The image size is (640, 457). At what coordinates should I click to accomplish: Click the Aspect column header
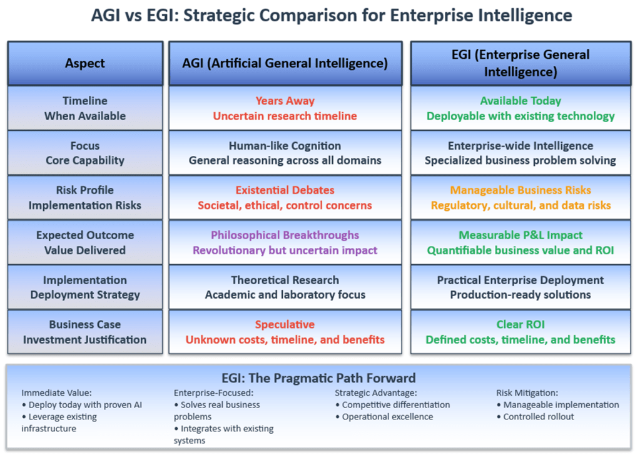(85, 63)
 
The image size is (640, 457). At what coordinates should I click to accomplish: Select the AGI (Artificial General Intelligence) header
(285, 63)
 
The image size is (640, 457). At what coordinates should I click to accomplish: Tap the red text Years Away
(285, 101)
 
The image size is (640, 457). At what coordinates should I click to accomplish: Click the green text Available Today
(521, 101)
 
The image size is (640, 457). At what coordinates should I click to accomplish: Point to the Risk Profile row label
(85, 190)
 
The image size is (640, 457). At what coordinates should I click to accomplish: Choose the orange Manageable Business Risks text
(521, 190)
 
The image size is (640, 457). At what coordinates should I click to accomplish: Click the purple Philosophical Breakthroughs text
(285, 235)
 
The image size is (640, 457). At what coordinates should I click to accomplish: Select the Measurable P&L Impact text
(521, 235)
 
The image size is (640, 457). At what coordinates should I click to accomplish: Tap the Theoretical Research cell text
(285, 280)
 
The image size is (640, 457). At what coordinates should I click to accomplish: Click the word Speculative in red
(285, 325)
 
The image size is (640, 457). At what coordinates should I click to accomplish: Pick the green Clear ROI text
(521, 325)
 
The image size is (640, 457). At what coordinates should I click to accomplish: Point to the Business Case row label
(85, 325)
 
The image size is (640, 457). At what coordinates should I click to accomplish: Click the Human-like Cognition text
(285, 146)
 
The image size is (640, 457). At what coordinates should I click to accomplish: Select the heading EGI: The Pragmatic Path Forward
(318, 378)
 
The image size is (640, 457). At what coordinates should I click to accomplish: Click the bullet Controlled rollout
(539, 416)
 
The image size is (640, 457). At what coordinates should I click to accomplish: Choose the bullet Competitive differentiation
(396, 404)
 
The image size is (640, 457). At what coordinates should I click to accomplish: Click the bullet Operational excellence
(387, 416)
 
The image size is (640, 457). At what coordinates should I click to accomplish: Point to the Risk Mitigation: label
(527, 393)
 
